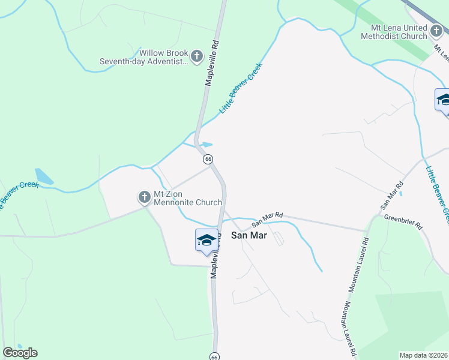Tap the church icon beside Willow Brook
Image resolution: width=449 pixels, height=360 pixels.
pyautogui.click(x=197, y=57)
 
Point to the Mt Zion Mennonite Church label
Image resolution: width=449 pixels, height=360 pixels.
pyautogui.click(x=188, y=197)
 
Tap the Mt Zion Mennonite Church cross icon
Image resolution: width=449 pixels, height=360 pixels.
pyautogui.click(x=144, y=196)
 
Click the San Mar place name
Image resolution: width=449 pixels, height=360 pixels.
pyautogui.click(x=249, y=235)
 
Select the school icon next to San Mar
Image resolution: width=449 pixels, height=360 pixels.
pyautogui.click(x=206, y=240)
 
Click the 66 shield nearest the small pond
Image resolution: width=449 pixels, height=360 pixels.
pyautogui.click(x=208, y=159)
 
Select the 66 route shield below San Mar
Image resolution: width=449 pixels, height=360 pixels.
pyautogui.click(x=214, y=356)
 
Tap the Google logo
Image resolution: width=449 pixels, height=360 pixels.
pyautogui.click(x=19, y=353)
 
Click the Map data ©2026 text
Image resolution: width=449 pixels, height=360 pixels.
pyautogui.click(x=423, y=355)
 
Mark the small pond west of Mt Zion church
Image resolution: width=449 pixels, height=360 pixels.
pyautogui.click(x=44, y=176)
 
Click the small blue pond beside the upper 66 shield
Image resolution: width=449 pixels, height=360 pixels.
pyautogui.click(x=205, y=145)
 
